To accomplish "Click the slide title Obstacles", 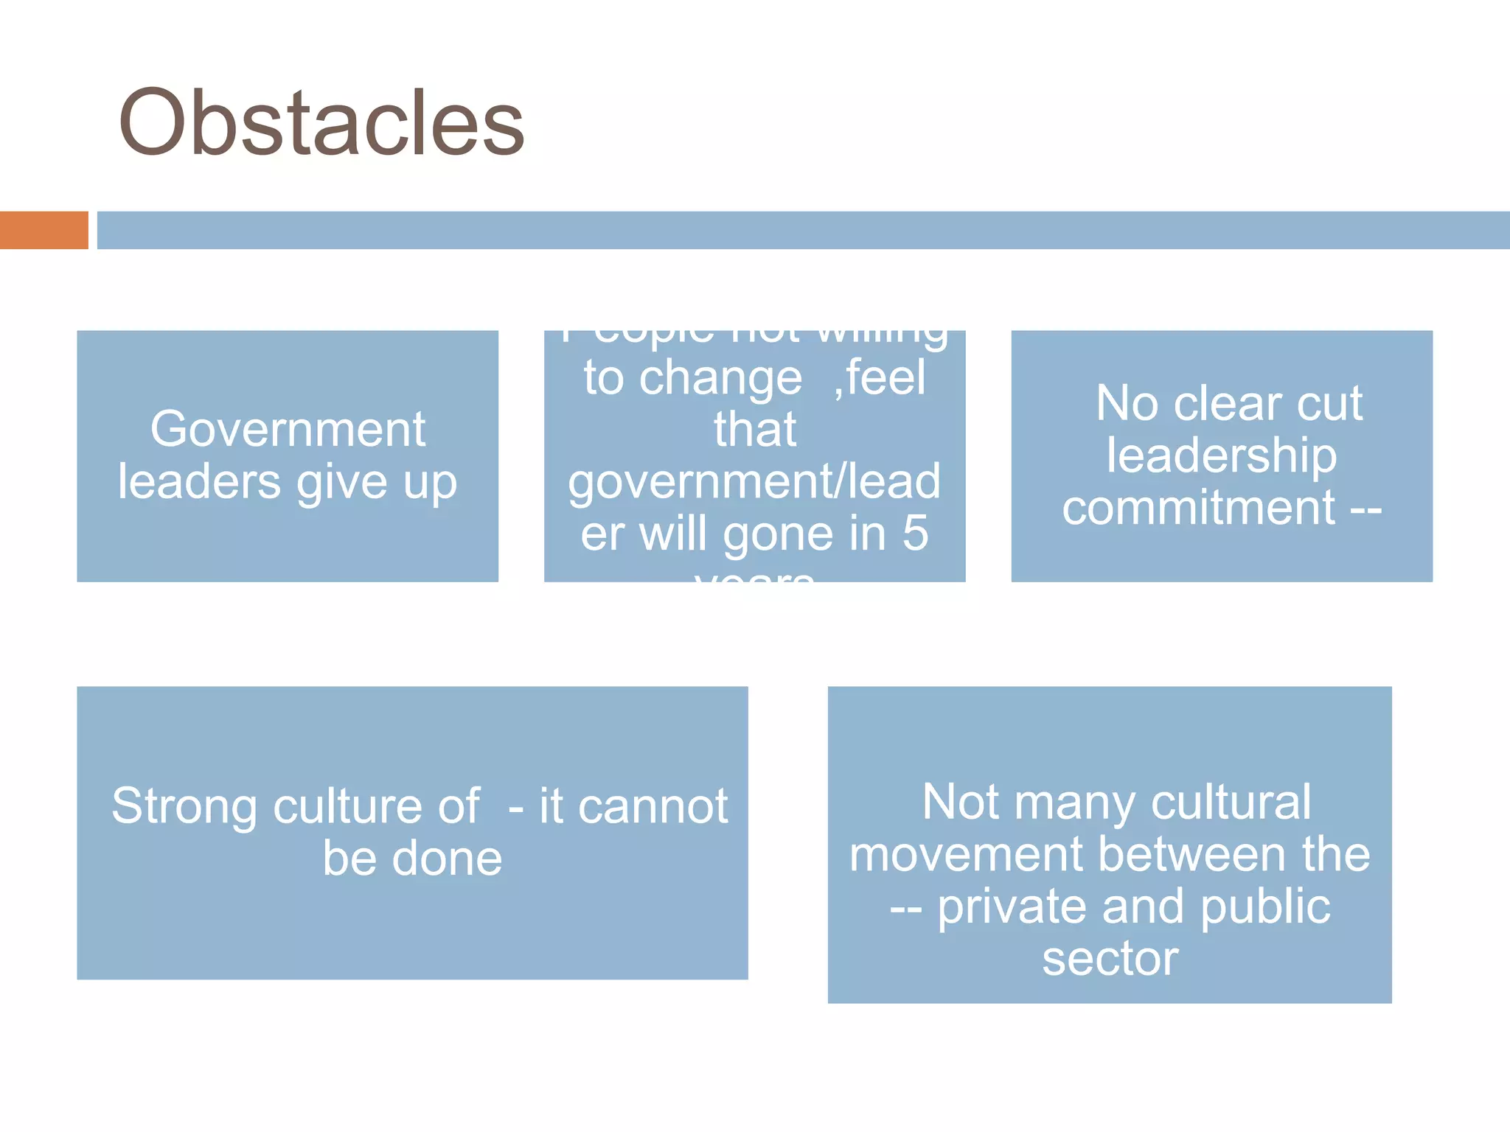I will (321, 122).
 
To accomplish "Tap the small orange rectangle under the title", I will (44, 230).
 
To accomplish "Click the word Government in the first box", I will (288, 429).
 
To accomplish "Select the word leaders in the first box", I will (199, 482).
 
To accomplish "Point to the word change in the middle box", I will (720, 378).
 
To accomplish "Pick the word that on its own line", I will (754, 430).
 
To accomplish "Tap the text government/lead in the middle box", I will (754, 482).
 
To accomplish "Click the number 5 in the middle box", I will (915, 533).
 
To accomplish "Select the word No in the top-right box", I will (1127, 403).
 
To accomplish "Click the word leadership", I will (1221, 455).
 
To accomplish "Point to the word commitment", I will (1198, 508).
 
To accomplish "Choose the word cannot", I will (653, 806).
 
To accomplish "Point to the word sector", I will (1110, 959).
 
